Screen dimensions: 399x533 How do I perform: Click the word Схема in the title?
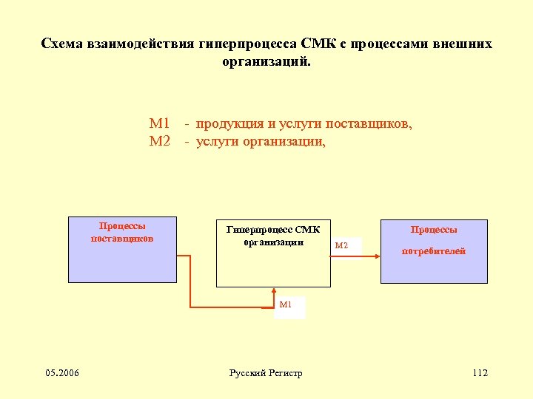62,44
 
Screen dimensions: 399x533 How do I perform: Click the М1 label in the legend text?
160,123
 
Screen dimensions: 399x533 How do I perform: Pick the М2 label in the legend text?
160,140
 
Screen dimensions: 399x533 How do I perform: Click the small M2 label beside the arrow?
341,245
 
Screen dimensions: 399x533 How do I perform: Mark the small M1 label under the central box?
286,304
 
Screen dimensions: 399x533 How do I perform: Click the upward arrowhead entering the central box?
274,291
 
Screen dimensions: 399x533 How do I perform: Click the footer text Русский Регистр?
266,373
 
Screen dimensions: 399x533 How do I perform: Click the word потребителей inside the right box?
434,251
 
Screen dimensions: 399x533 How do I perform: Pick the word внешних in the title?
465,44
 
